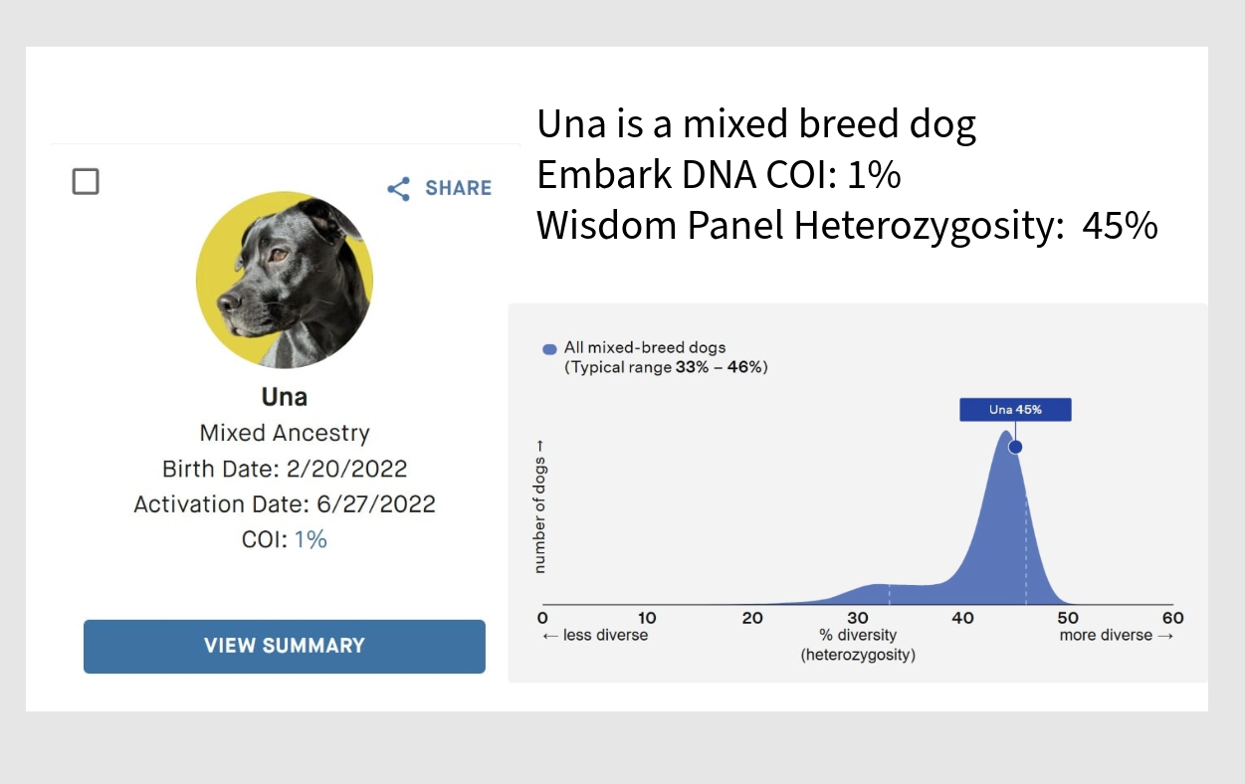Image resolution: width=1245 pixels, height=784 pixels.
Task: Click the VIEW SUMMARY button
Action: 284,646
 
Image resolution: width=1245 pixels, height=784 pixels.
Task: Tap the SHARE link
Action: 439,188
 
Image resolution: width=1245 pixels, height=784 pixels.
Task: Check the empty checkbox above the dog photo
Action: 86,181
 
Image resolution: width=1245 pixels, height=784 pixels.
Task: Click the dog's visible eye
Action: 278,255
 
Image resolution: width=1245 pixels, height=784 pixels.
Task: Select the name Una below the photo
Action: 284,397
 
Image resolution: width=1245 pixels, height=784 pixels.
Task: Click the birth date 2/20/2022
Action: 346,469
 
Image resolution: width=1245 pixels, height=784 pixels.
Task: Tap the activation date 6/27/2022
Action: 376,504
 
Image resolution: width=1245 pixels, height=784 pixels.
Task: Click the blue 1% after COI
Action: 311,539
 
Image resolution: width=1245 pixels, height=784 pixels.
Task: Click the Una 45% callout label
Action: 1015,410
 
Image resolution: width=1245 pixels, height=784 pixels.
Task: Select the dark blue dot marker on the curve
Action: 1015,447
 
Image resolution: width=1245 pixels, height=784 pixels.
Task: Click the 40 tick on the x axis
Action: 962,618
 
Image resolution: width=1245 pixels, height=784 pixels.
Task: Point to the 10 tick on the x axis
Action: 647,618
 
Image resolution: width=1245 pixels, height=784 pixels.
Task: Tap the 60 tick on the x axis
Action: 1172,618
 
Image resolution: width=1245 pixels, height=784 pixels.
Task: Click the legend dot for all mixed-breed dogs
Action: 549,349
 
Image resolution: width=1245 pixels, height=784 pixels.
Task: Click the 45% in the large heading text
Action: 1120,226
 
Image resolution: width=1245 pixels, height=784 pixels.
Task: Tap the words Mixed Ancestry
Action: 285,433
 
